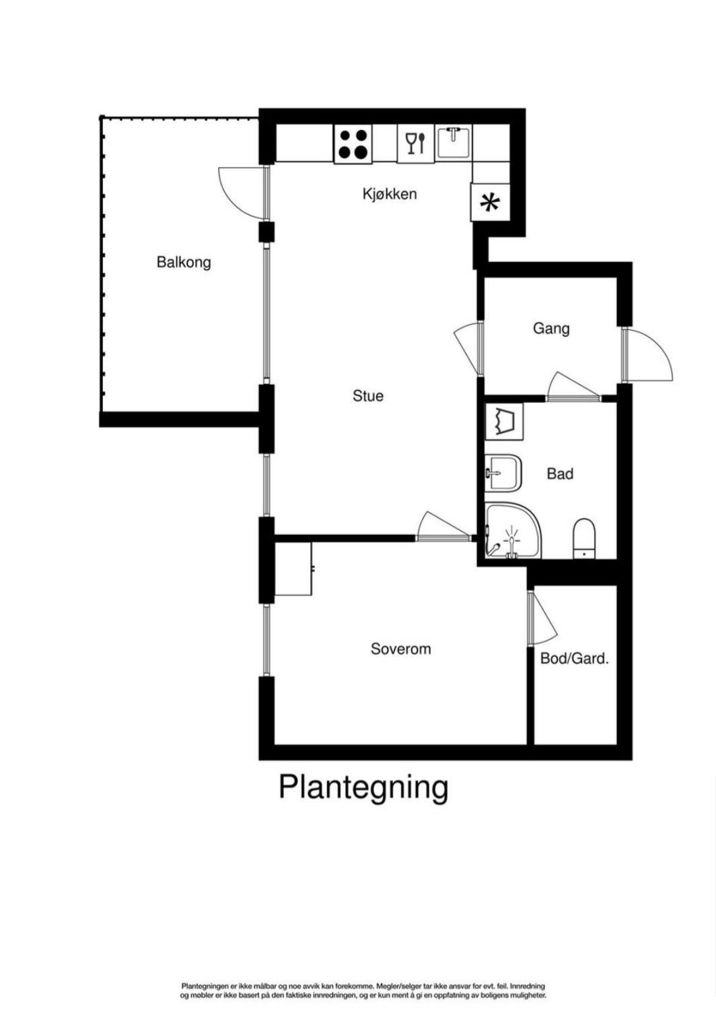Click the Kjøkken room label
coord(390,194)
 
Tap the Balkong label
coord(184,261)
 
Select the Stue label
coord(368,395)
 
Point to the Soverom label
coord(400,649)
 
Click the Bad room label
coord(560,474)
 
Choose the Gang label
coord(551,328)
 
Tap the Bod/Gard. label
coord(574,658)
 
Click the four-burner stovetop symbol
coord(353,144)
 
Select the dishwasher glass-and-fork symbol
coord(415,143)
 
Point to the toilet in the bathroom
coord(583,538)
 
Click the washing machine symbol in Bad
coord(504,423)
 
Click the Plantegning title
coord(363,786)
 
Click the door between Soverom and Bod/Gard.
coord(542,618)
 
